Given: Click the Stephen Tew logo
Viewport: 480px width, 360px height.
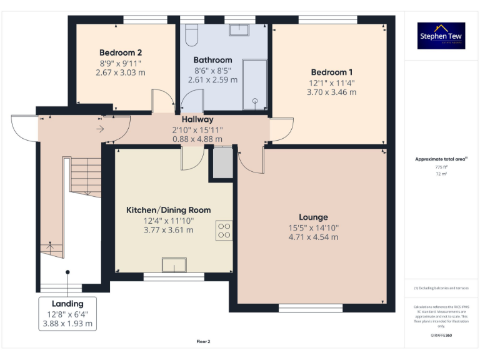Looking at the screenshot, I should point(441,36).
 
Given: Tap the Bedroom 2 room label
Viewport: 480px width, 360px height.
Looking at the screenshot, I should point(121,52).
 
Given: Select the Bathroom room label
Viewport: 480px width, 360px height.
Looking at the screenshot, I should point(212,60).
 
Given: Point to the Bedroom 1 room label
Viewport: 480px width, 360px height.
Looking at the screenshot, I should point(331,72).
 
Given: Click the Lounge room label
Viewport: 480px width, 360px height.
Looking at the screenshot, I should point(313,217).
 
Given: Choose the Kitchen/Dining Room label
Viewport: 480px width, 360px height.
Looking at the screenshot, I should point(168,210).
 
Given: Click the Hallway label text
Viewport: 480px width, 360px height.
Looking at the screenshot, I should point(197,119).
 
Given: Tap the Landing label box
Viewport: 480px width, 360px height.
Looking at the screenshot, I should point(67,314).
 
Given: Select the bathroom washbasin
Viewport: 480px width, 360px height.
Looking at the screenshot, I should point(239,30).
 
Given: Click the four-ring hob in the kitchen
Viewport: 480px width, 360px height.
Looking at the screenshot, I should point(224,230).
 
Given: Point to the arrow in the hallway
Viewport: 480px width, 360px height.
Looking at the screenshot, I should point(100,129).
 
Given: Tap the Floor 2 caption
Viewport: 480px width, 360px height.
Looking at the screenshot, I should point(203,342).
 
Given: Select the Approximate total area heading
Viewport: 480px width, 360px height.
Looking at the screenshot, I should point(441,159).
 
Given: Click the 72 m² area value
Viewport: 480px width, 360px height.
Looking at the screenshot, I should point(441,174).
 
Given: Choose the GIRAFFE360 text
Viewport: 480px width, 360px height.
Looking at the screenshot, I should point(441,336).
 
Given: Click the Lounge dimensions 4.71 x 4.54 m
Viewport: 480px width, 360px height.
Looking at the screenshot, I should point(313,237).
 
